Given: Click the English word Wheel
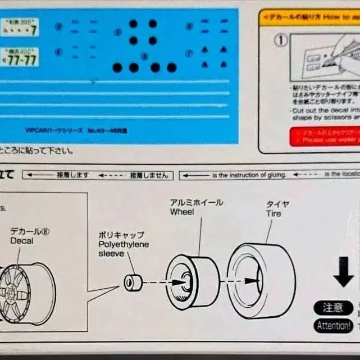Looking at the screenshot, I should pyautogui.click(x=182, y=212).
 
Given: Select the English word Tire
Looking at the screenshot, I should pyautogui.click(x=274, y=214).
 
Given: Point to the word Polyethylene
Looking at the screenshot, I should pyautogui.click(x=124, y=245).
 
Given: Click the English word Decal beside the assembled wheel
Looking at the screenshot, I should pyautogui.click(x=22, y=241).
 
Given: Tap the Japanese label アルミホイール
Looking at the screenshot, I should pyautogui.click(x=196, y=203).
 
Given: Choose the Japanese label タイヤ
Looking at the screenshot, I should pyautogui.click(x=277, y=204).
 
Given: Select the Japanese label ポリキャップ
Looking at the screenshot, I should pyautogui.click(x=121, y=235).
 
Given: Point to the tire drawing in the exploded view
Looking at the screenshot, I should pyautogui.click(x=262, y=280).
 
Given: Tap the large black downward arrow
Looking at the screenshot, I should pyautogui.click(x=343, y=272).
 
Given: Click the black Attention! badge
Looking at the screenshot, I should pyautogui.click(x=334, y=326).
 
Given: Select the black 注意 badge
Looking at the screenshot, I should pyautogui.click(x=333, y=308).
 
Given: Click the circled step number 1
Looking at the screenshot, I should pyautogui.click(x=280, y=40).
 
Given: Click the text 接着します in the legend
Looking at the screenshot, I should pyautogui.click(x=73, y=175).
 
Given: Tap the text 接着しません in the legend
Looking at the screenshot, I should pyautogui.click(x=149, y=175).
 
